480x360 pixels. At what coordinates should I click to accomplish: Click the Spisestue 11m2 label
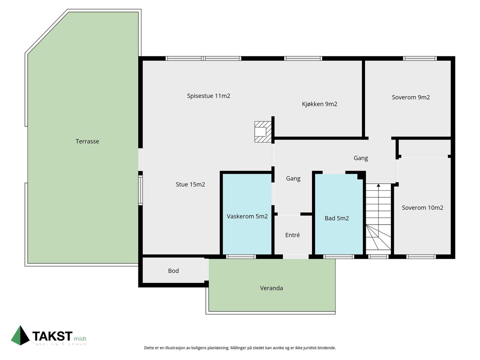point(208,96)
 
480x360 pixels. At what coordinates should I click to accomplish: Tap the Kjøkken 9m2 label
point(319,104)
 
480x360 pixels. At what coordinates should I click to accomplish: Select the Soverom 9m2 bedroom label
point(411,97)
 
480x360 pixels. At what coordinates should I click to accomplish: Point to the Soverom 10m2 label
point(422,208)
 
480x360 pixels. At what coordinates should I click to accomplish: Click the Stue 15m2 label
point(190,184)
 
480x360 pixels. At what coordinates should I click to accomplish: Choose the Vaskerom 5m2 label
point(247,216)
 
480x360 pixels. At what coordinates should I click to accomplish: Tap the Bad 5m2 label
point(337,218)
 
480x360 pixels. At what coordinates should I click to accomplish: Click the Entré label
point(292,235)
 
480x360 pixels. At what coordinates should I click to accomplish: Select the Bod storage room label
point(173,271)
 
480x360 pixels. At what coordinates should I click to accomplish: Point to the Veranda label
point(271,288)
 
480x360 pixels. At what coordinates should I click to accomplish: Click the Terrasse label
point(87,141)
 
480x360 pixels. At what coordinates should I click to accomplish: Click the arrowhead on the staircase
point(379,185)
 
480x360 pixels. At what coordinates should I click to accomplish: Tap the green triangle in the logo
point(20,336)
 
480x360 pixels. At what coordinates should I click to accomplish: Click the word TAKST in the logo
point(52,336)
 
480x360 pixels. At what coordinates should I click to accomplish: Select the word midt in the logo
point(80,339)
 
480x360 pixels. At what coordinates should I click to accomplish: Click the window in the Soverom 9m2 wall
point(420,58)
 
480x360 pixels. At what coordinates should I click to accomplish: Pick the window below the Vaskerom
point(241,256)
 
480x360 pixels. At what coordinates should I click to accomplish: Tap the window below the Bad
point(339,256)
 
